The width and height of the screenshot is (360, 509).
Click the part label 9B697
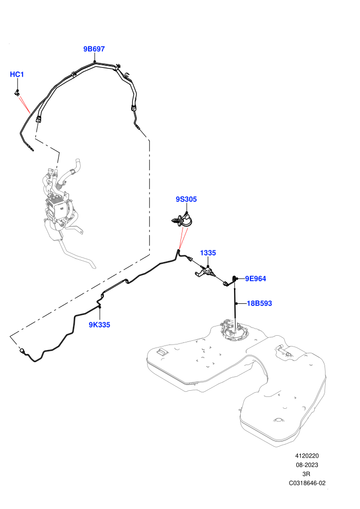coord(94,49)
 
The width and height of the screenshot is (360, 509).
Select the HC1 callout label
coord(17,75)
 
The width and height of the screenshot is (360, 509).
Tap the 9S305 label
coord(186,199)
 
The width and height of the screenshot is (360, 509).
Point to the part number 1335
coord(208,253)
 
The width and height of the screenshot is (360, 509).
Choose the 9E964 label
coord(256,279)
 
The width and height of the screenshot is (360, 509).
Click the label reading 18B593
coord(259,303)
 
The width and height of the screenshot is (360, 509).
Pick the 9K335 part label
coord(99,324)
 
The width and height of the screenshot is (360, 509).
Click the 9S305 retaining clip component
coord(183,220)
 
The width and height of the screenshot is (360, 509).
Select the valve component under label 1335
coord(205,271)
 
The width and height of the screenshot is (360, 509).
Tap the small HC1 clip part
coord(17,93)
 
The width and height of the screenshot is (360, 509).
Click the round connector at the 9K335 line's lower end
coord(23,351)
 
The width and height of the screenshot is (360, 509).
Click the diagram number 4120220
coord(307,456)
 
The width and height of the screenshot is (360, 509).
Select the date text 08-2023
coord(307,465)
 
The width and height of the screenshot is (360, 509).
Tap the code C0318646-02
coord(307,483)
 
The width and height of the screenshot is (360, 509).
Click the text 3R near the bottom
coord(306,474)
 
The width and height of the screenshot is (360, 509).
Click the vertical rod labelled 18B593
coord(235,300)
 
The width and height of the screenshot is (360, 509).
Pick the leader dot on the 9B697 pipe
coord(95,61)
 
